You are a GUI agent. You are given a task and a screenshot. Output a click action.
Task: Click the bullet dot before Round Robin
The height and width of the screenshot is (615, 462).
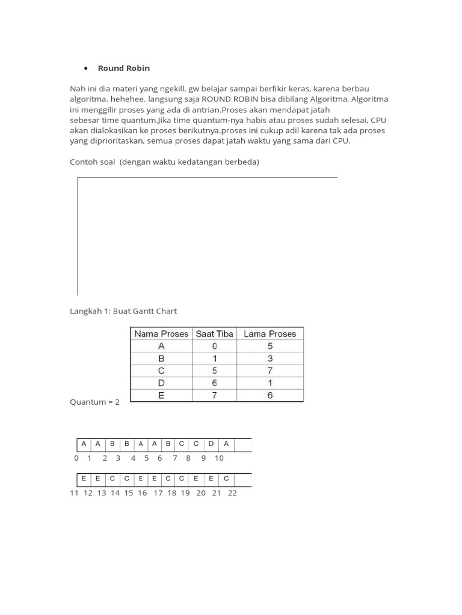[x=86, y=68]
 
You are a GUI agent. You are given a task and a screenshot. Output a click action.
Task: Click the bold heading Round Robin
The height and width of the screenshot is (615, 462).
[x=123, y=68]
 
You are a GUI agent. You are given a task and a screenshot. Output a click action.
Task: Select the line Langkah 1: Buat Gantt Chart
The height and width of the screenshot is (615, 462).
[x=123, y=311]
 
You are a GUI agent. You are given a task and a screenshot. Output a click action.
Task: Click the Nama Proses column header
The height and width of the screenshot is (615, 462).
[x=161, y=334]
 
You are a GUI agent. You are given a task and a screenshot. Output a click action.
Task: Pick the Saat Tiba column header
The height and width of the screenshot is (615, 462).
[x=214, y=334]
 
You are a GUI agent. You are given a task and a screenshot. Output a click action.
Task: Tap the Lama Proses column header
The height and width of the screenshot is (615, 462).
[x=270, y=334]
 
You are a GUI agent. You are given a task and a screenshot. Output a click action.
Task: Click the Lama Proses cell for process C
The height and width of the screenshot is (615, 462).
[x=270, y=371]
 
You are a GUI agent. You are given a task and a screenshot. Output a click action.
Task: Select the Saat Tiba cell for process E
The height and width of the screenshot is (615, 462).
[x=214, y=395]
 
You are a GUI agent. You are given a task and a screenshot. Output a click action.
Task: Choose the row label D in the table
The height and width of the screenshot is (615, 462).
[x=161, y=383]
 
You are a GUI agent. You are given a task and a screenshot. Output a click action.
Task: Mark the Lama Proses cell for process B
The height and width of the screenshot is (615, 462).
[x=270, y=359]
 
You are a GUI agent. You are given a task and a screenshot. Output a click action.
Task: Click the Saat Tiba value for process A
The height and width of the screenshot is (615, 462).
[x=214, y=347]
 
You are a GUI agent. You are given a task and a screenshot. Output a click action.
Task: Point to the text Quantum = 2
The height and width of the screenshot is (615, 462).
[x=95, y=402]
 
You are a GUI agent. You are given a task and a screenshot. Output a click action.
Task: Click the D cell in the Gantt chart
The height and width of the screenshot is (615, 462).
[x=211, y=444]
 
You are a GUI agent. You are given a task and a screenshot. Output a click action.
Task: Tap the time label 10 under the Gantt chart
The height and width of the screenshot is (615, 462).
[x=219, y=458]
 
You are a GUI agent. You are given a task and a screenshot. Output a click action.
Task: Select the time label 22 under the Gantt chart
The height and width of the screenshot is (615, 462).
[x=233, y=493]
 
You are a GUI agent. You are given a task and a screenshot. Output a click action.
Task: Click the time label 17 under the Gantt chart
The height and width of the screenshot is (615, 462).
[x=158, y=493]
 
